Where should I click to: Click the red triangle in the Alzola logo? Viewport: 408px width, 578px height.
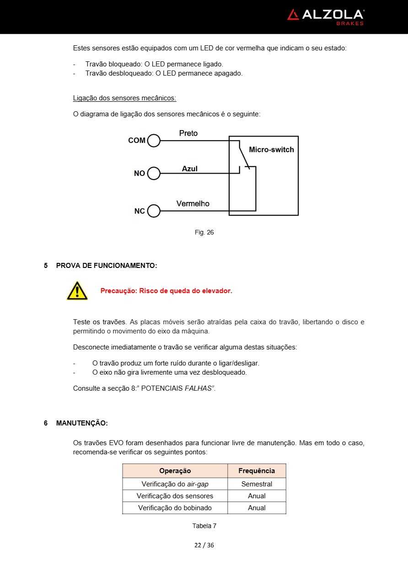pyautogui.click(x=293, y=15)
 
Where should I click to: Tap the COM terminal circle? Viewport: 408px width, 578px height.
pyautogui.click(x=154, y=141)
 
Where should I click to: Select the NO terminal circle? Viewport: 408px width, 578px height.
pyautogui.click(x=154, y=174)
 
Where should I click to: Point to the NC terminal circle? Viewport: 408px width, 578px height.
pyautogui.click(x=154, y=211)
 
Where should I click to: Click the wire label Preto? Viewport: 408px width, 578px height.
pyautogui.click(x=188, y=133)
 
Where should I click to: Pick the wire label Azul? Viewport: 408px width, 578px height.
pyautogui.click(x=190, y=169)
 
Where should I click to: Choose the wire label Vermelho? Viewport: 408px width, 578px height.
pyautogui.click(x=193, y=204)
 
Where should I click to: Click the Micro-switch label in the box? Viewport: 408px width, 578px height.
pyautogui.click(x=271, y=150)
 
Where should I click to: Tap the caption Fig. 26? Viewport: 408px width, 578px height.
pyautogui.click(x=204, y=232)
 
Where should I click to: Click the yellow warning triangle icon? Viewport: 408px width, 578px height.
pyautogui.click(x=77, y=291)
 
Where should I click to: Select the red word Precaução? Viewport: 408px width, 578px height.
pyautogui.click(x=118, y=291)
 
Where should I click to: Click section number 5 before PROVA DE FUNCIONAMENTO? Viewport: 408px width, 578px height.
pyautogui.click(x=46, y=265)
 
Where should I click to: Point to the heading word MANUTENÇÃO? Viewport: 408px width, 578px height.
pyautogui.click(x=81, y=423)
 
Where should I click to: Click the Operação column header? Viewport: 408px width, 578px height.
pyautogui.click(x=175, y=471)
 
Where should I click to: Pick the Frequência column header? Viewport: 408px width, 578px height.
pyautogui.click(x=257, y=471)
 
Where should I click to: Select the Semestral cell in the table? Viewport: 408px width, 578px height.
pyautogui.click(x=257, y=484)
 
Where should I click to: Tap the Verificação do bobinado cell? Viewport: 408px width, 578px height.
pyautogui.click(x=175, y=508)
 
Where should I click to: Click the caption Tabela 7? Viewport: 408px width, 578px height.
pyautogui.click(x=204, y=526)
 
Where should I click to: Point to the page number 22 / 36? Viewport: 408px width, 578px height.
pyautogui.click(x=204, y=545)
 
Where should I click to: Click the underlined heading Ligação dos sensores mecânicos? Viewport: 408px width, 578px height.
pyautogui.click(x=124, y=98)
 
